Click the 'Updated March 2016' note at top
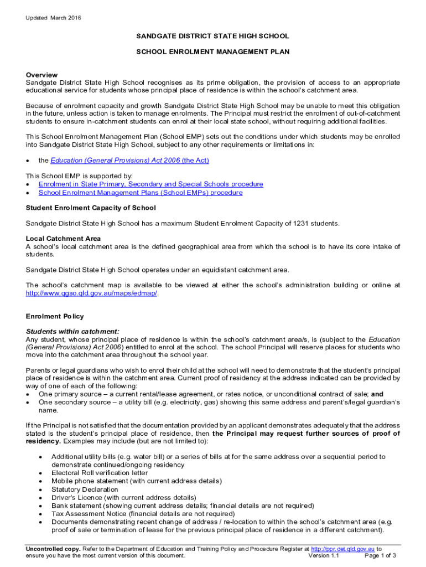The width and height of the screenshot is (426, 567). click(53, 18)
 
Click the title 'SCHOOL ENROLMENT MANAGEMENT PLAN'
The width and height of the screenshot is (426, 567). click(213, 51)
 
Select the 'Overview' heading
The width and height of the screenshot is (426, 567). click(42, 75)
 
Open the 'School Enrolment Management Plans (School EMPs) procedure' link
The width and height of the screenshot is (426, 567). click(140, 193)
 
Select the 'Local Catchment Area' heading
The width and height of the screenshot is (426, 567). click(63, 239)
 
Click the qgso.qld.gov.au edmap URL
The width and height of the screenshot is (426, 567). click(92, 293)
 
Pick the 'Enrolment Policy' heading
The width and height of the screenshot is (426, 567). click(55, 316)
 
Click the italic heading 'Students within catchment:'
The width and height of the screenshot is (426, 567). click(72, 332)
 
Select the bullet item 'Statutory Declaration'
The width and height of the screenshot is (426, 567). click(85, 489)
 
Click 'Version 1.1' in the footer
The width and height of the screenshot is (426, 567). click(324, 555)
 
